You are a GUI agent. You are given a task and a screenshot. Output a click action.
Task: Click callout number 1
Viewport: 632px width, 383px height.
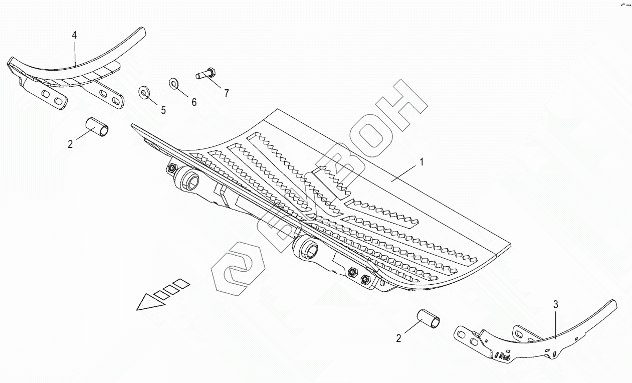[422, 162]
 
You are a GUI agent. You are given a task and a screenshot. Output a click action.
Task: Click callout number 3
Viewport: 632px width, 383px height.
[555, 304]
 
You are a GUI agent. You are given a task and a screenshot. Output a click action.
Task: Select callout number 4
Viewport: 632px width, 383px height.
[74, 35]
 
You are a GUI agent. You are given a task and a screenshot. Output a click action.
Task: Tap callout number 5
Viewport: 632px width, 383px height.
[163, 110]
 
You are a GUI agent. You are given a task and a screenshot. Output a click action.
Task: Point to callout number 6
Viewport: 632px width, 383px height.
[193, 102]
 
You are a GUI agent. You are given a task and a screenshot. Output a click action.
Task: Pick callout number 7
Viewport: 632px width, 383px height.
[226, 93]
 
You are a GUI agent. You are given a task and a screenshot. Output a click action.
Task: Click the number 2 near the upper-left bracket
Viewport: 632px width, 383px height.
[70, 144]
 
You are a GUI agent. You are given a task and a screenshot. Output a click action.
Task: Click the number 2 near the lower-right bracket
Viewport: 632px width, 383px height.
[398, 338]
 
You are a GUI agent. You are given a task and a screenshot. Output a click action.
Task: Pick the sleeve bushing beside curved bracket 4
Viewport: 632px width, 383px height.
[98, 127]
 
